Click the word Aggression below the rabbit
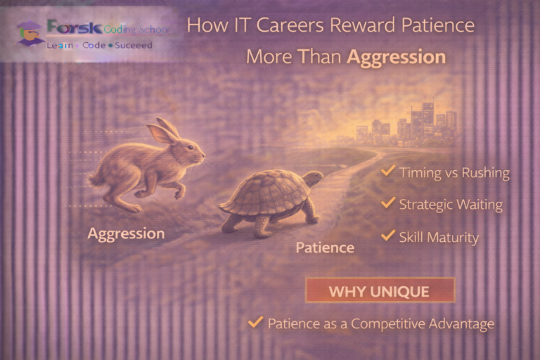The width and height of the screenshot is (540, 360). tap(126, 233)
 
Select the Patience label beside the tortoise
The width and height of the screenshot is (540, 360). tap(325, 247)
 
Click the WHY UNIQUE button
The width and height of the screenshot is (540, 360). tap(380, 290)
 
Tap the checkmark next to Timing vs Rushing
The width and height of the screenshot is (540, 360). tap(387, 171)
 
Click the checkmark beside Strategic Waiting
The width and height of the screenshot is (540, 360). tap(387, 203)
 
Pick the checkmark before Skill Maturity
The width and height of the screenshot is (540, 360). tap(387, 236)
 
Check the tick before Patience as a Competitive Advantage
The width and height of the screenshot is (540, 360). tap(255, 323)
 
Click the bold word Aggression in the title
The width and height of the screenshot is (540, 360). tap(397, 57)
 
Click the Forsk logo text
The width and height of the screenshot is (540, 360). tap(73, 29)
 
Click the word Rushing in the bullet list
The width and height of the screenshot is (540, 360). tap(485, 172)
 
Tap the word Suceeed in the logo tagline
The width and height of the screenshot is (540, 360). tap(130, 45)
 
